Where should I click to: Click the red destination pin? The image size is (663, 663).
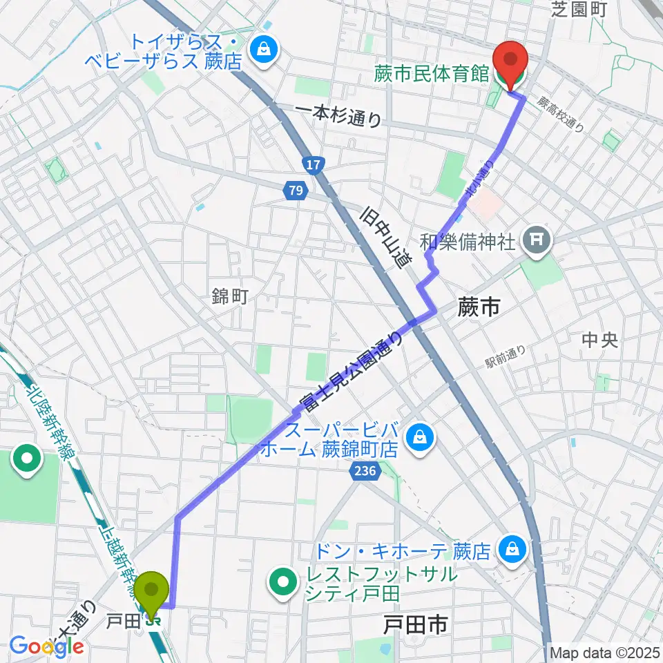[x=510, y=63]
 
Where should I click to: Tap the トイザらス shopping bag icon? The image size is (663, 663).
[x=263, y=48]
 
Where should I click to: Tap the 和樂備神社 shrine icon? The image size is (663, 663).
[x=536, y=240]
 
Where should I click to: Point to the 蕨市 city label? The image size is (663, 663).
[x=479, y=308]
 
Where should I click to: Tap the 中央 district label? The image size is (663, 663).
[x=599, y=340]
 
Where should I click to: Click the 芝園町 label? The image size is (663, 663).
[x=579, y=10]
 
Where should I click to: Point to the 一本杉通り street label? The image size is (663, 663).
[x=338, y=115]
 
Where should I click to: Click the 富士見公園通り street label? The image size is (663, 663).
[x=351, y=370]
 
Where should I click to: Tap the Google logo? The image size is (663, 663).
[x=46, y=646]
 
